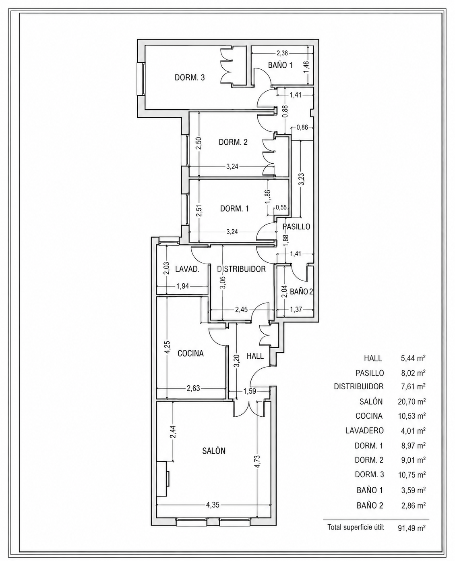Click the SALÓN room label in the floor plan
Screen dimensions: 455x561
click(x=214, y=451)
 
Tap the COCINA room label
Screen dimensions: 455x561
click(x=190, y=353)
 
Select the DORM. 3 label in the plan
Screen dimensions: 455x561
click(x=190, y=77)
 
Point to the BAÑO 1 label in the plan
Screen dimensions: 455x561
click(x=280, y=65)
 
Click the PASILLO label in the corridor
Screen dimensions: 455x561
click(x=296, y=226)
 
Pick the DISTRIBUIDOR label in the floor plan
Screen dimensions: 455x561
click(x=241, y=269)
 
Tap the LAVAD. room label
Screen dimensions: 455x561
click(x=187, y=269)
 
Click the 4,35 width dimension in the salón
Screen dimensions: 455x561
click(x=213, y=505)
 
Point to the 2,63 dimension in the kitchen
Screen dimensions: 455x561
click(x=193, y=388)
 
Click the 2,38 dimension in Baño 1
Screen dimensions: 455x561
click(x=282, y=53)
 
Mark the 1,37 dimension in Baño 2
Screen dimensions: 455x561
click(x=296, y=309)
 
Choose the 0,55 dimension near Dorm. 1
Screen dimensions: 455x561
click(x=281, y=207)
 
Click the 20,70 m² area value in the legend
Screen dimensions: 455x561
click(x=412, y=401)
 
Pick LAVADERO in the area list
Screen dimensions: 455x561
click(x=364, y=431)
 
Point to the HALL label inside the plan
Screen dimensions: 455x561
click(x=255, y=356)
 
